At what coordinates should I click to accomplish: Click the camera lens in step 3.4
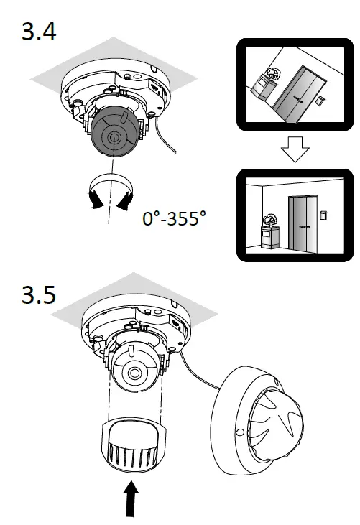[114, 136]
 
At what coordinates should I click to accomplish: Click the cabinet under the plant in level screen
[270, 237]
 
